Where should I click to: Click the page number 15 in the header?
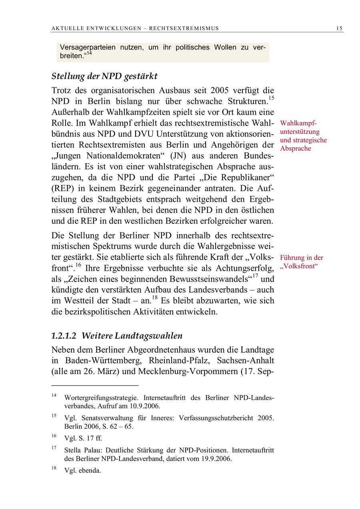point(339,28)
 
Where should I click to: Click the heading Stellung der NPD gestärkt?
point(104,76)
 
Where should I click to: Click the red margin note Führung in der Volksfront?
point(302,262)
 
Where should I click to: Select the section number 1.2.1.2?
point(64,336)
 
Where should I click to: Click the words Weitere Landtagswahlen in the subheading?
point(132,336)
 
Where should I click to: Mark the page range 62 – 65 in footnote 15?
point(120,426)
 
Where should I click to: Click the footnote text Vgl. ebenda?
point(82,471)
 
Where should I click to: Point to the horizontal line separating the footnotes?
point(95,385)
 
